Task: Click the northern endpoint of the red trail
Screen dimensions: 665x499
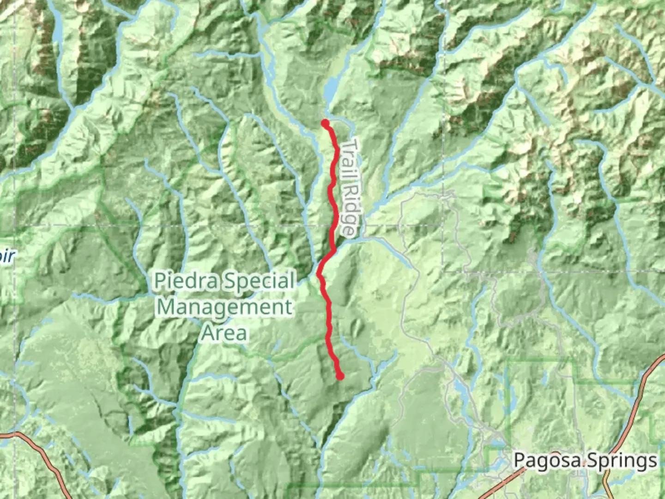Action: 325,123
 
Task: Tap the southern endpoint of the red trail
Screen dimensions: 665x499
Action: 340,376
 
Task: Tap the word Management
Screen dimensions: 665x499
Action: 225,307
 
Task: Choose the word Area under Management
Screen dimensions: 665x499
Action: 224,332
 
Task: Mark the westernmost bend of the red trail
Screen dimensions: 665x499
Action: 319,274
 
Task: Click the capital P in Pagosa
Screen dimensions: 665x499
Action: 520,461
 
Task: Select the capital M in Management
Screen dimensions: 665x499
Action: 167,307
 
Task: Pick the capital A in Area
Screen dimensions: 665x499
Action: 208,332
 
